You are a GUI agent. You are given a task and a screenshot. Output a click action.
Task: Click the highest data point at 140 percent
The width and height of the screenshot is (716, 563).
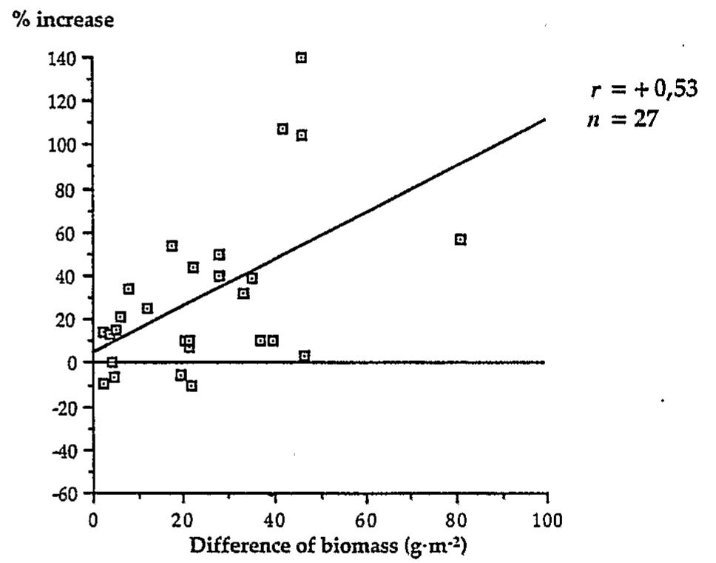coord(301,58)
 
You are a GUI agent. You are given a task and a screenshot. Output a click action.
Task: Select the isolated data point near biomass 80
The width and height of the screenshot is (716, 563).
coord(460,239)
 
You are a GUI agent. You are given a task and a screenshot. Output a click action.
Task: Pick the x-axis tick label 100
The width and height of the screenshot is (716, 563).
coord(547,519)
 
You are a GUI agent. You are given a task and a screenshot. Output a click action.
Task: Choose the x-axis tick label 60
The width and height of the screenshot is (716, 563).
coord(365,519)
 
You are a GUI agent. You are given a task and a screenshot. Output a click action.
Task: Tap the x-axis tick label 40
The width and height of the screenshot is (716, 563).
coord(274,519)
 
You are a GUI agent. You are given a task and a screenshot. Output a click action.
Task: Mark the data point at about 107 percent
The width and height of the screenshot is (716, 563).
coord(283,129)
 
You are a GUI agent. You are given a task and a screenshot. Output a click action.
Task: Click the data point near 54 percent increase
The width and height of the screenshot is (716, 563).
coord(172,246)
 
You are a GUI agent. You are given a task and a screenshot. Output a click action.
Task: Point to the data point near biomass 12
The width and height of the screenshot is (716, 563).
coord(147,308)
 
